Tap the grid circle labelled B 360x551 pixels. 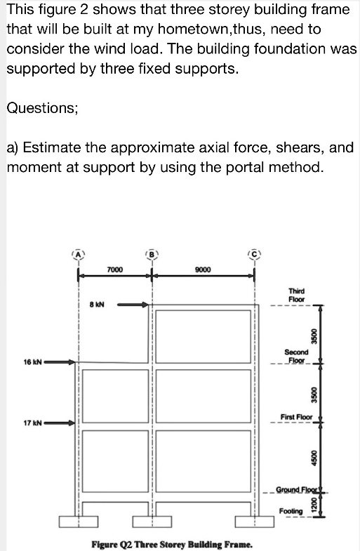click(x=149, y=253)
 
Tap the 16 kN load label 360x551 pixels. click(x=32, y=363)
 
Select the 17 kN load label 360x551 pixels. click(x=32, y=423)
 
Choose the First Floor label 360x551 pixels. click(x=296, y=417)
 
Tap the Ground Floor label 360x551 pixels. click(x=295, y=489)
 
